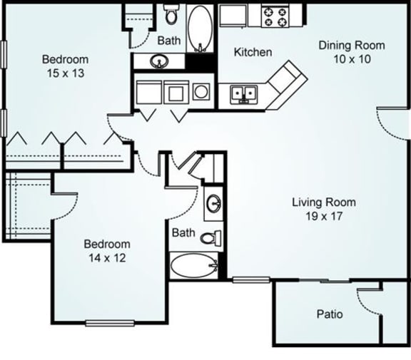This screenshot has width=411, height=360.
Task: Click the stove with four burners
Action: (275, 16)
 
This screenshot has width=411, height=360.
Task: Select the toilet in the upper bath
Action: (171, 14)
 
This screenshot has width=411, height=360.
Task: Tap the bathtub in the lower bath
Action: (193, 267)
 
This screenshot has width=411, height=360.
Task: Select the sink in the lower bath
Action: (213, 205)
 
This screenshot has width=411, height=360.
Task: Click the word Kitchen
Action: (253, 52)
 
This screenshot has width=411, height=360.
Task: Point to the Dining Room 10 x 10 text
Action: (351, 52)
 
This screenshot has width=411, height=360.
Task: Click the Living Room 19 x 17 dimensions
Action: (323, 209)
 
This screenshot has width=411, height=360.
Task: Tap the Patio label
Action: (329, 314)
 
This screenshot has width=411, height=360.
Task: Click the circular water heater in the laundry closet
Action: (201, 92)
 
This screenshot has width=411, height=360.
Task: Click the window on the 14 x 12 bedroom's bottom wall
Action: (110, 324)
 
